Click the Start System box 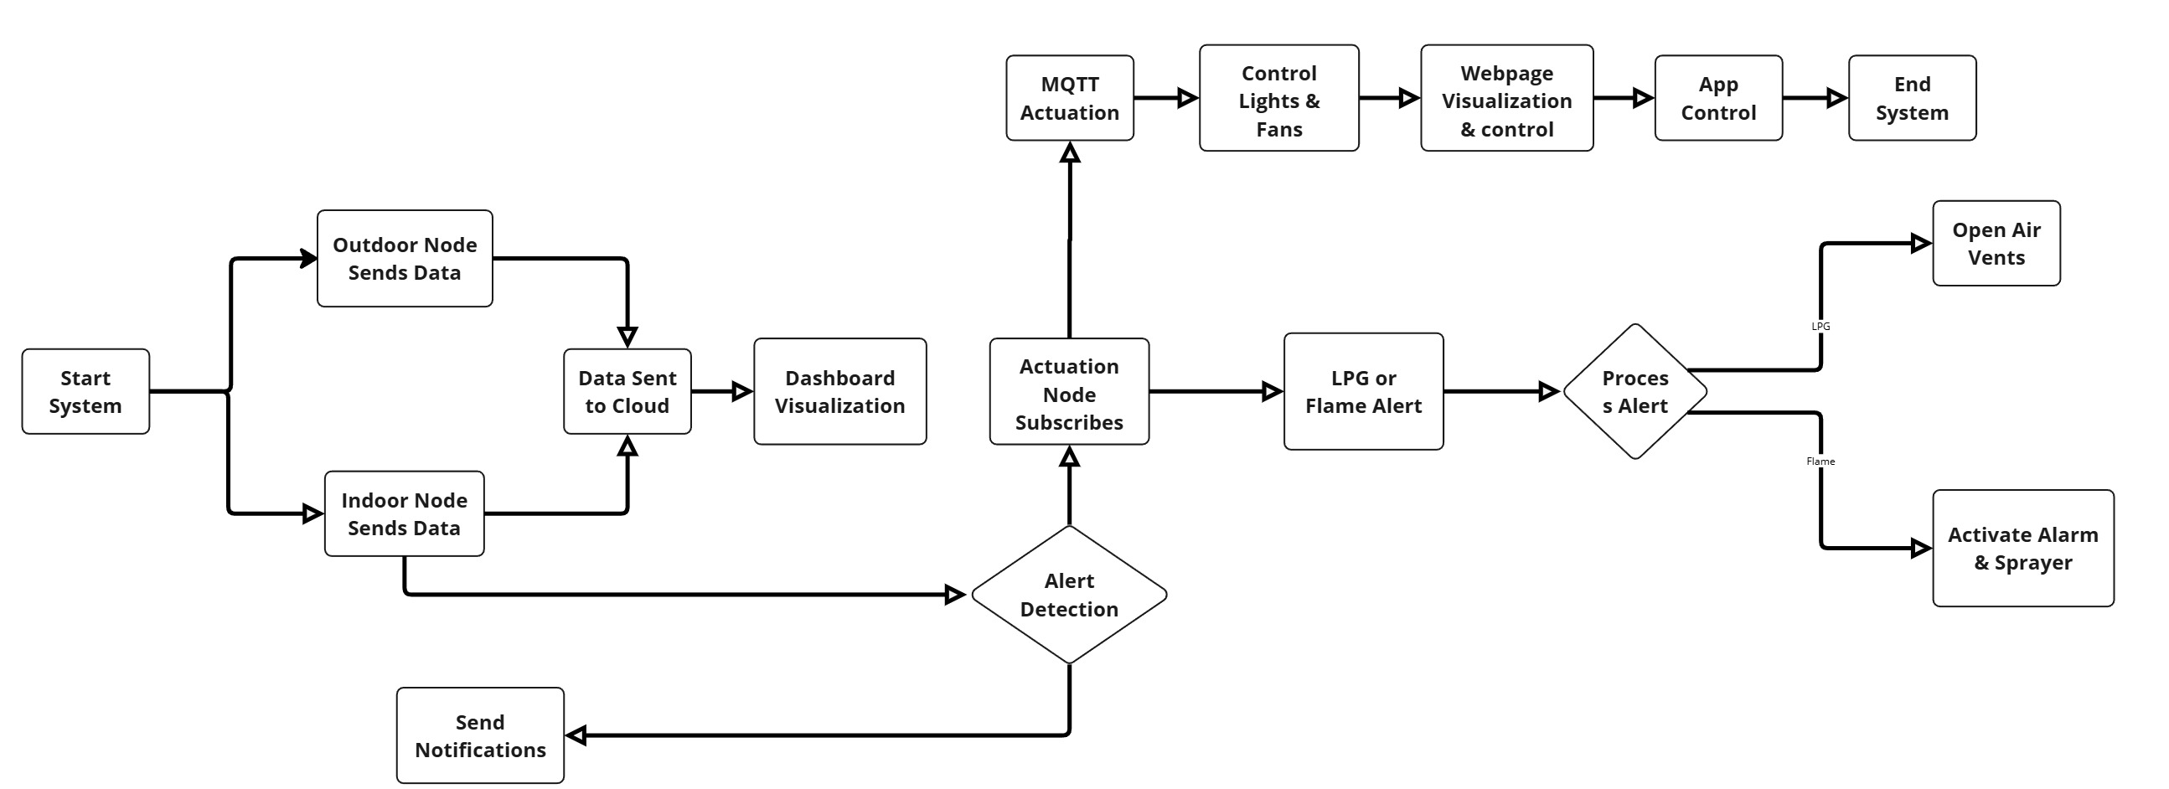point(85,391)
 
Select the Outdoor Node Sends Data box point(404,259)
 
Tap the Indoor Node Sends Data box point(404,513)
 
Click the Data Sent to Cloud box point(627,391)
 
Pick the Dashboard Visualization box point(839,391)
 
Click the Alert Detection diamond point(1068,595)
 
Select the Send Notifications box point(480,735)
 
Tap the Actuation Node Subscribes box point(1068,391)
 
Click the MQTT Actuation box point(1069,98)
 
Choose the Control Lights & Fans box point(1278,99)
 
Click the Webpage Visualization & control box point(1506,99)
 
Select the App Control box point(1717,98)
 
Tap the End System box point(1911,98)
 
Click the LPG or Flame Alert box point(1363,391)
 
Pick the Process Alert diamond point(1634,391)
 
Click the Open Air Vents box point(1996,244)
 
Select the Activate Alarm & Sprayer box point(2022,548)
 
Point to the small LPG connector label point(1820,326)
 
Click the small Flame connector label point(1820,462)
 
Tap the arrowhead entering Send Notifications point(576,736)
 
